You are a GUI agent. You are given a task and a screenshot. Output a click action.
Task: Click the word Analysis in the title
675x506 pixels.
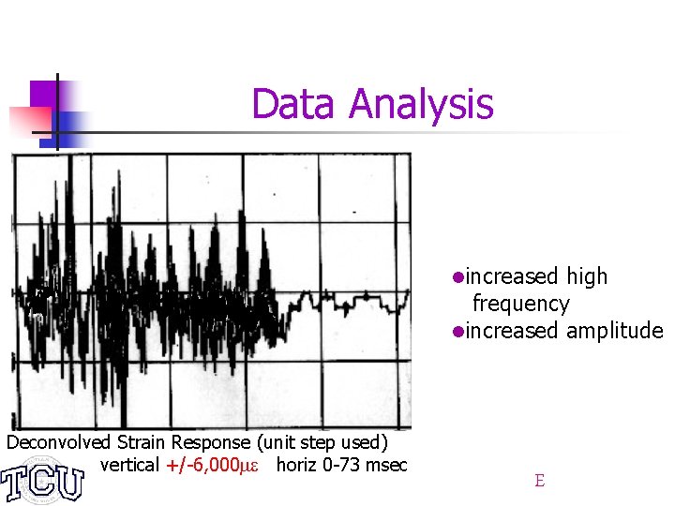pyautogui.click(x=420, y=104)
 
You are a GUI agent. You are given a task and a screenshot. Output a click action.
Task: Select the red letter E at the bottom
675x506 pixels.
pyautogui.click(x=539, y=481)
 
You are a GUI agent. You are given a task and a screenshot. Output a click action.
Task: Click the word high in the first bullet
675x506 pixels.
pyautogui.click(x=587, y=276)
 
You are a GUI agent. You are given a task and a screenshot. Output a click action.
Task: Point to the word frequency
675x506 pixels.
pyautogui.click(x=520, y=304)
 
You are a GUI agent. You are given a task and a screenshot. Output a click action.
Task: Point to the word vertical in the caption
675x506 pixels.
pyautogui.click(x=129, y=465)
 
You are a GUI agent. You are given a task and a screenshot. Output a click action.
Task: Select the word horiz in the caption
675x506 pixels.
pyautogui.click(x=296, y=465)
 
